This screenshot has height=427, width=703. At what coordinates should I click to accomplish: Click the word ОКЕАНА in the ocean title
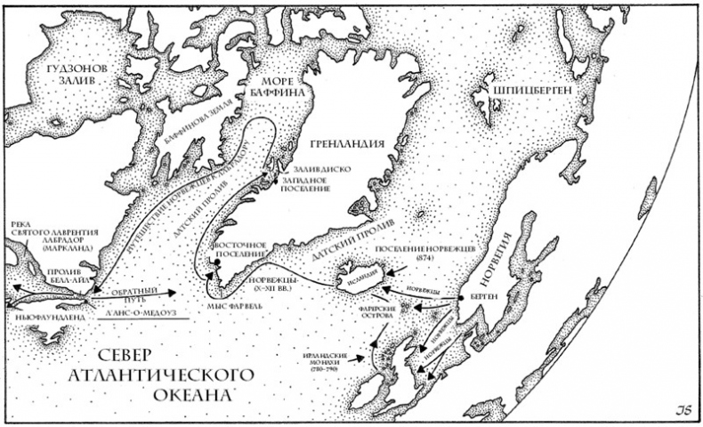coord(188,392)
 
